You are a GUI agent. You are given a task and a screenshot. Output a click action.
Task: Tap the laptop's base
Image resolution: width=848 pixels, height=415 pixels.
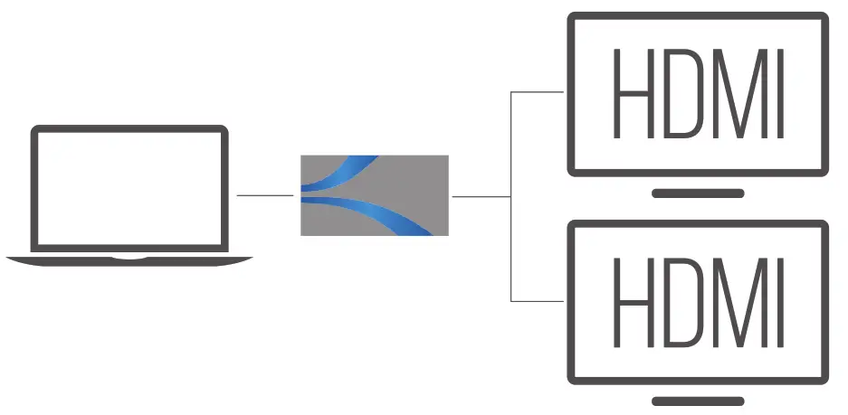coord(129,260)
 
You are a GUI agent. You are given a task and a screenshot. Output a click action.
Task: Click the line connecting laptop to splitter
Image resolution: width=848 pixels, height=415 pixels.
coord(264,195)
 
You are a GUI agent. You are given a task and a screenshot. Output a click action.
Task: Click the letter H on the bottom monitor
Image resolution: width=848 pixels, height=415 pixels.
coord(632,302)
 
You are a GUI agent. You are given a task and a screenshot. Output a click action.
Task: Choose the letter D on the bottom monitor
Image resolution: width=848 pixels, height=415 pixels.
coord(680,302)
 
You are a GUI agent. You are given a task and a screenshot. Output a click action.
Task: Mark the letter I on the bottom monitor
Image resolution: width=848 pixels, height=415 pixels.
coord(777,302)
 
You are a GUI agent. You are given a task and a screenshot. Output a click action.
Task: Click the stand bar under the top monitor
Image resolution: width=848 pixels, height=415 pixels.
coord(698,193)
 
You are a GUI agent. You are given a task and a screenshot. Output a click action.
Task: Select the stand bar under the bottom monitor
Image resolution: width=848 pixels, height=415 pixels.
coord(698,401)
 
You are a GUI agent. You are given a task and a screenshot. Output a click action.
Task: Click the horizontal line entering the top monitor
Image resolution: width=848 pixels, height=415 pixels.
coord(538,91)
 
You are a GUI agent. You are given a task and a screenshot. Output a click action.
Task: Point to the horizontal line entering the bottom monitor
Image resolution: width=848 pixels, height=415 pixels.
coord(538,300)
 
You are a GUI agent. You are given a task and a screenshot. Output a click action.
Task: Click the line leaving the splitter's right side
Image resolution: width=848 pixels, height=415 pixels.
coord(480,196)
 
